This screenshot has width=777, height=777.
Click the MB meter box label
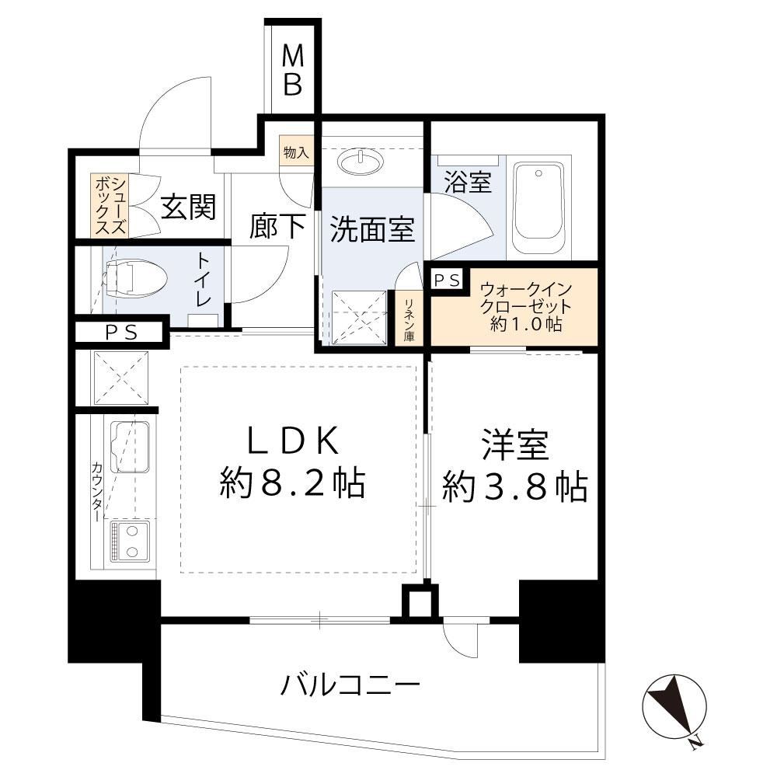(293, 70)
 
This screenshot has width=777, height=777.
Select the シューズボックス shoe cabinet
(110, 205)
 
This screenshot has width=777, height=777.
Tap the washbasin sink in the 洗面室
(361, 161)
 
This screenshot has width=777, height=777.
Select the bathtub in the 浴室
(538, 208)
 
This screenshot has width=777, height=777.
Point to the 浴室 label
(467, 182)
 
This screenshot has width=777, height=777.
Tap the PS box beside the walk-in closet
(448, 280)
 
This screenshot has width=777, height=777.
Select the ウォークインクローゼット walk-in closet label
(525, 306)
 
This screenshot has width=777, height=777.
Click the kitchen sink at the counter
(129, 447)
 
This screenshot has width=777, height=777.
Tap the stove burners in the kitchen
(130, 541)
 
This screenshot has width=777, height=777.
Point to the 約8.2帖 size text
(292, 483)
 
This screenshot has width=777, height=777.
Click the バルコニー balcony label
(350, 685)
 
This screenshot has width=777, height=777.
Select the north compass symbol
(675, 706)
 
